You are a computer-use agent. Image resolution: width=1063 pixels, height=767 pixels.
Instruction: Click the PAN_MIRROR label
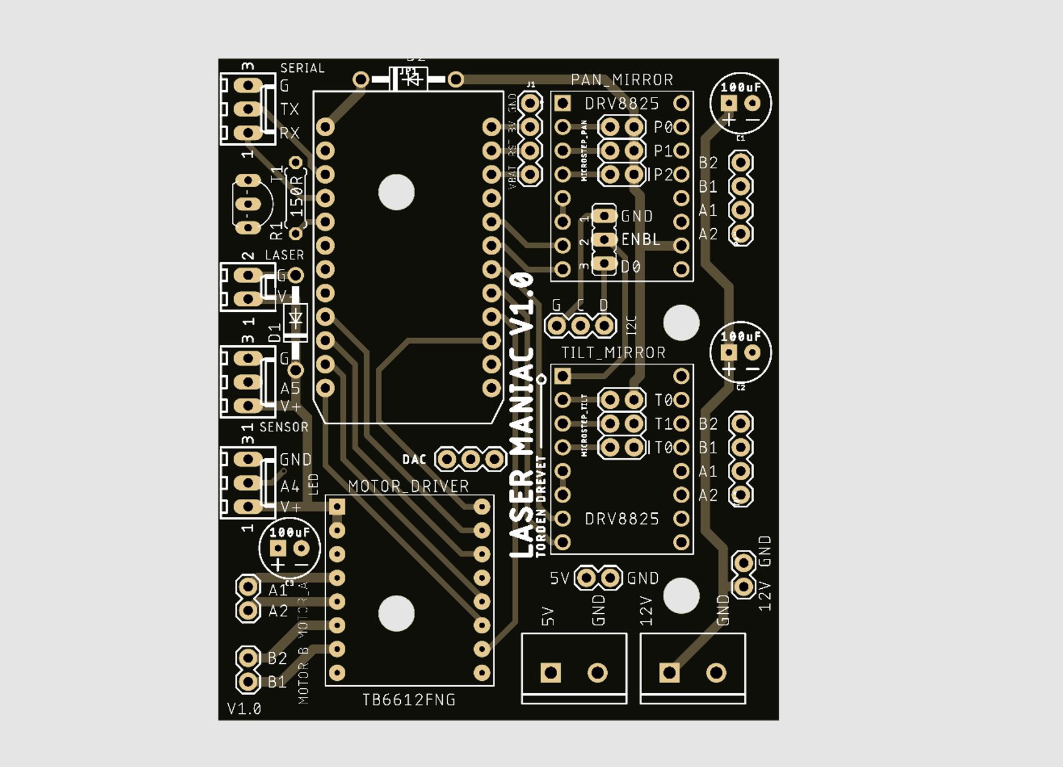(622, 80)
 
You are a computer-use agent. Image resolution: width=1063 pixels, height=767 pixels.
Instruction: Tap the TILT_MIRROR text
(613, 353)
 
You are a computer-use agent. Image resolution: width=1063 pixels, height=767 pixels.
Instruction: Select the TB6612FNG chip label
(409, 700)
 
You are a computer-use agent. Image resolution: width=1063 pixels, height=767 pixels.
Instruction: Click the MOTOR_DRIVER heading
(408, 486)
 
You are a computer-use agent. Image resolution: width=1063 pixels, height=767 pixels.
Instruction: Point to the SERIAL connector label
(302, 68)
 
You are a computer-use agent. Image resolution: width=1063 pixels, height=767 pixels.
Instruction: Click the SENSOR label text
(284, 428)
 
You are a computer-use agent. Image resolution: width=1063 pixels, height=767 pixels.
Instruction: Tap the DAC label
(414, 460)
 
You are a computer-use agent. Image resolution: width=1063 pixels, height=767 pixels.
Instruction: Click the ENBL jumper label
(641, 240)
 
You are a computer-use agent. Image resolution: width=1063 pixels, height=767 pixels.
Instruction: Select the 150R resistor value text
(297, 196)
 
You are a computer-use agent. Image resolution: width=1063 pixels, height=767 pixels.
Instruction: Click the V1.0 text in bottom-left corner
(244, 709)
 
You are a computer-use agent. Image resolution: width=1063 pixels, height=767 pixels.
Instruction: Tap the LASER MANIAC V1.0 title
(523, 415)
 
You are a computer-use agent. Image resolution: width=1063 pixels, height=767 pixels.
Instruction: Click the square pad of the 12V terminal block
(669, 673)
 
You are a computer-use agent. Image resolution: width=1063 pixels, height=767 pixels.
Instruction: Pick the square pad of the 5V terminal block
(550, 673)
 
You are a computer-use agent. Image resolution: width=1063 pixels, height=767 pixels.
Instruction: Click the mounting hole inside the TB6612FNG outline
(396, 613)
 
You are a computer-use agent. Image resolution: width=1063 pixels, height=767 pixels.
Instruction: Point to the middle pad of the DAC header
(470, 460)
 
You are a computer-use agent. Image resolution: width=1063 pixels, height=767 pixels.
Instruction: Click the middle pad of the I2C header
(580, 326)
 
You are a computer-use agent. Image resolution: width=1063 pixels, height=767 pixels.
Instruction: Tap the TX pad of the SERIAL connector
(248, 109)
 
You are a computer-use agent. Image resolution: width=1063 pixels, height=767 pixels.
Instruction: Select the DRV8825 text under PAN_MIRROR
(622, 104)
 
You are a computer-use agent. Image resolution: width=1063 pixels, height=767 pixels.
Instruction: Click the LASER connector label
(285, 255)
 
